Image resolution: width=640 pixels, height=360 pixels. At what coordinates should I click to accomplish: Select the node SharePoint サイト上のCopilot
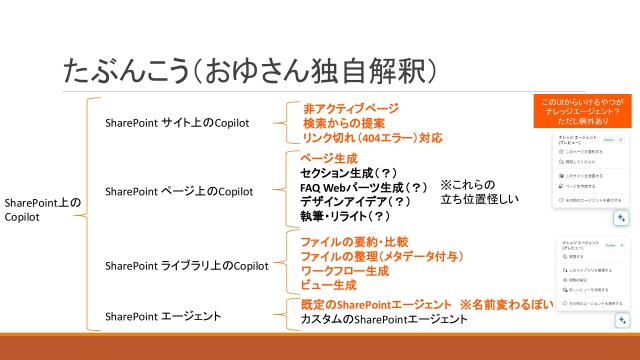(177, 123)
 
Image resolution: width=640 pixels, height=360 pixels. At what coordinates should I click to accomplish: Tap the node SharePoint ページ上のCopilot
(179, 191)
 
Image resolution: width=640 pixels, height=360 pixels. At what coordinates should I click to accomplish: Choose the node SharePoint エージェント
(163, 317)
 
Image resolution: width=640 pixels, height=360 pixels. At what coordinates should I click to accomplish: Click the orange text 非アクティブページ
(351, 108)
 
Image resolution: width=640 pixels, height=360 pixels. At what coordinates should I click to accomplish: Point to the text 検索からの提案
(345, 122)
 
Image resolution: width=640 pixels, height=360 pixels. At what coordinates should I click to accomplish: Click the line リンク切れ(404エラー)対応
(373, 137)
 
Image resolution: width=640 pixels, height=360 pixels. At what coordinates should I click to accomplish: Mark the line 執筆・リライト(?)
(345, 215)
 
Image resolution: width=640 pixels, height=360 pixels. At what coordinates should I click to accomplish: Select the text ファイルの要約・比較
(354, 242)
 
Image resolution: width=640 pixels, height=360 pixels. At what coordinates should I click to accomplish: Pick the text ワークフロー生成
(346, 271)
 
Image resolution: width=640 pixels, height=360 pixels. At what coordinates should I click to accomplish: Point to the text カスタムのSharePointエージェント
(384, 319)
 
